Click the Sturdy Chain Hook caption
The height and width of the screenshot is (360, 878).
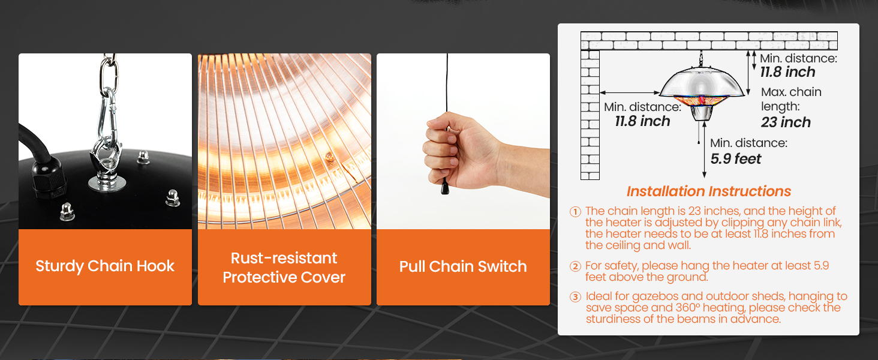tap(105, 266)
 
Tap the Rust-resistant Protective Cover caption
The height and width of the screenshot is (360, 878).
tap(284, 268)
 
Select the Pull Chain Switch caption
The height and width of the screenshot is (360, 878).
tap(463, 266)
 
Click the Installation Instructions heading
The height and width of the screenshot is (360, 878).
tap(709, 191)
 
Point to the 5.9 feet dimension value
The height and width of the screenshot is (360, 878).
tap(736, 159)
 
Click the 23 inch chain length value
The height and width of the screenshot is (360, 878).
tap(786, 122)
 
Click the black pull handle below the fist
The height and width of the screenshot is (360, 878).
tap(445, 188)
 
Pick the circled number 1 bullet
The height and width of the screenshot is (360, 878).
tap(576, 211)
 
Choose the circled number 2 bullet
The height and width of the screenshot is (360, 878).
tap(576, 266)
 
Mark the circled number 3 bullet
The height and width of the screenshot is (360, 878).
tap(576, 297)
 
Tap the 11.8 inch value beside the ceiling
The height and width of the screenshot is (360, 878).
tap(788, 72)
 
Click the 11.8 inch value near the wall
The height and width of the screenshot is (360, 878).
tap(642, 121)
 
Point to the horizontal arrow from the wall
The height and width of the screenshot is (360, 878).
tap(629, 92)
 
